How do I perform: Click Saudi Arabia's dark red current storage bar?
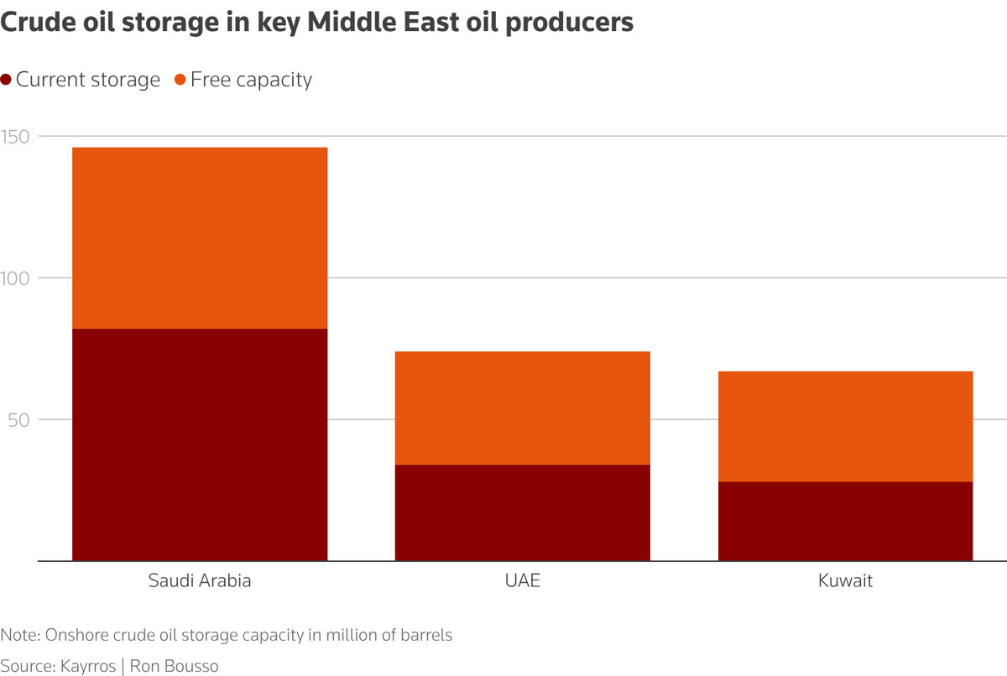[200, 445]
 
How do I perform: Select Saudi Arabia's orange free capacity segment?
[200, 238]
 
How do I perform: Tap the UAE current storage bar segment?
[522, 512]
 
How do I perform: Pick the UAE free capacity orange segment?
[522, 408]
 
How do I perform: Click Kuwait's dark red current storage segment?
[845, 521]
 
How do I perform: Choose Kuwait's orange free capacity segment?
[845, 426]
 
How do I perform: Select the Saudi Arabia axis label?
[200, 580]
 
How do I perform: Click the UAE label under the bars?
[522, 580]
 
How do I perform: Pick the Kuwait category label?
[845, 580]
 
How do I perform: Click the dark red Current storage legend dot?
[6, 81]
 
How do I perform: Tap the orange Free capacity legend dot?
[180, 81]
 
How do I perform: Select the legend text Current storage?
[87, 81]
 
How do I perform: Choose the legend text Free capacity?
[251, 81]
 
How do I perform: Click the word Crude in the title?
[34, 23]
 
